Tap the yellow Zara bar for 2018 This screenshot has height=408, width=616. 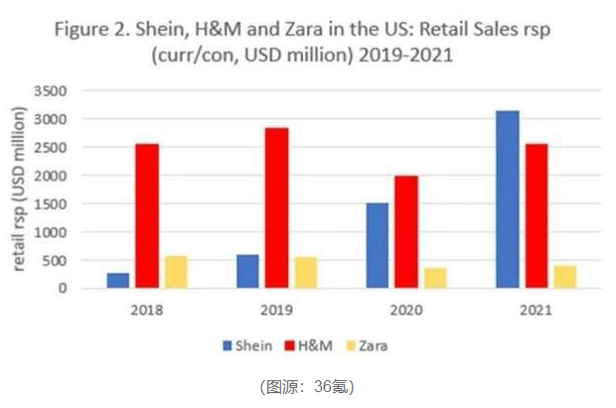point(176,272)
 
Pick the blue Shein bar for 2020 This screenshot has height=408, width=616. point(377,245)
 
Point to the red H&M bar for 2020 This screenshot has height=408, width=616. point(405,232)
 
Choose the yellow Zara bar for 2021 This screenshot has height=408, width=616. point(564,277)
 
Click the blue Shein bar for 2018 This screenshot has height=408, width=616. point(118,281)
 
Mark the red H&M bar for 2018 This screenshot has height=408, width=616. point(147,215)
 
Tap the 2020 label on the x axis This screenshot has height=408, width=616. point(405,309)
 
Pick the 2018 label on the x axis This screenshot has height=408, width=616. point(147,309)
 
